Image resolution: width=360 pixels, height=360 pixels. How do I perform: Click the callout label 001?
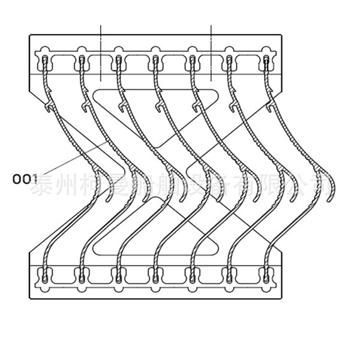[25, 178]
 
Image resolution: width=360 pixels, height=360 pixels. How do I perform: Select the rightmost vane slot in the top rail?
[266, 60]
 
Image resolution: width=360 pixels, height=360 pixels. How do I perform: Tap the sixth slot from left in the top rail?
[229, 60]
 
